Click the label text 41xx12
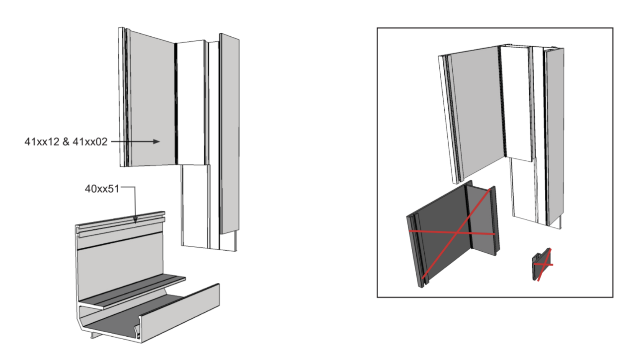[42, 142]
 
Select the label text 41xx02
[90, 142]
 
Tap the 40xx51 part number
[102, 189]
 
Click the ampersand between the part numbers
[66, 142]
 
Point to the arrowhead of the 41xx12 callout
[156, 141]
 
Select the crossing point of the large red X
[457, 233]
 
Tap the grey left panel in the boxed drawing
[477, 112]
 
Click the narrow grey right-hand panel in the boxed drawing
[556, 137]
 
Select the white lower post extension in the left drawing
[195, 206]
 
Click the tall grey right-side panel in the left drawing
[230, 133]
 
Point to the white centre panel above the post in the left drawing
[191, 102]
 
